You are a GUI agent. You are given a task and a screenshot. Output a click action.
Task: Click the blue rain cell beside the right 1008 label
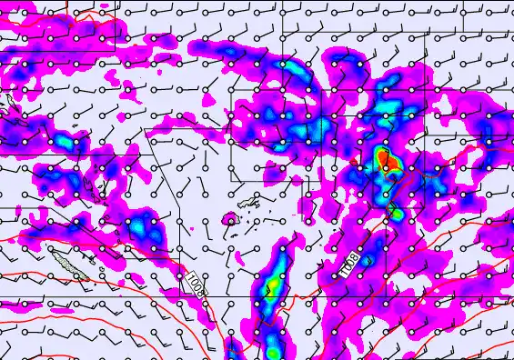(368, 259)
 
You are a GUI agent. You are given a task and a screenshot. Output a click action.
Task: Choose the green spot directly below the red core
(395, 213)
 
